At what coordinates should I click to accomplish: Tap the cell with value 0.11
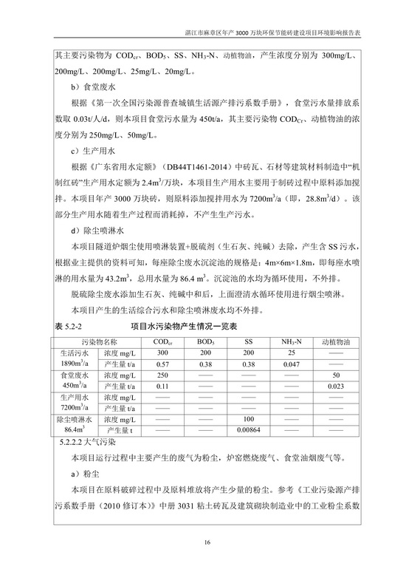tap(163, 385)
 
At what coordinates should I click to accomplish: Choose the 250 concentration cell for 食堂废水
tap(163, 375)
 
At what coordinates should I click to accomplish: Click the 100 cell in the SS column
tap(254, 418)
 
